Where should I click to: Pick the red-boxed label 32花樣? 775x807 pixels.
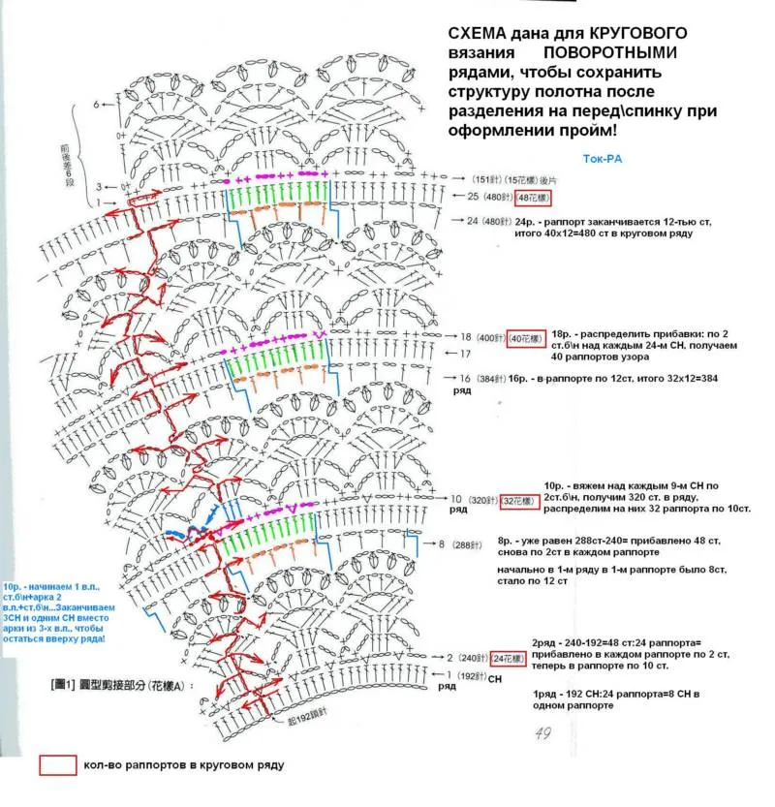[519, 501]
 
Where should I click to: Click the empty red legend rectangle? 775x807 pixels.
[57, 764]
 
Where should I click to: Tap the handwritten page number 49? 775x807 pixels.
[542, 733]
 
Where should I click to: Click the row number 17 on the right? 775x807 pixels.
[464, 354]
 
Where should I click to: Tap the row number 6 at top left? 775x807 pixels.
[97, 104]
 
